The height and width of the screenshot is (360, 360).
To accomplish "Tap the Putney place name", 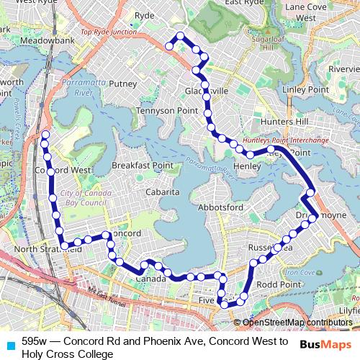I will pyautogui.click(x=122, y=84).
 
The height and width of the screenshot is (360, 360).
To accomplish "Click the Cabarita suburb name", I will pyautogui.click(x=161, y=192).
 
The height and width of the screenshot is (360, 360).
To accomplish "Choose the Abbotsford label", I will pyautogui.click(x=219, y=207).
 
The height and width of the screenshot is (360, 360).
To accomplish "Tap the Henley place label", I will pyautogui.click(x=246, y=166).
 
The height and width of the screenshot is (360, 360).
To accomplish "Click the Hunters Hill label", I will pyautogui.click(x=286, y=122).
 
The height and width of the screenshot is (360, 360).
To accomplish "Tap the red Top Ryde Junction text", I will pyautogui.click(x=108, y=32).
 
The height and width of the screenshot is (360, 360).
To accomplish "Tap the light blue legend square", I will pyautogui.click(x=9, y=345).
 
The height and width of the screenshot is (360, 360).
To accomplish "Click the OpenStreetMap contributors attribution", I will pyautogui.click(x=297, y=323).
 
